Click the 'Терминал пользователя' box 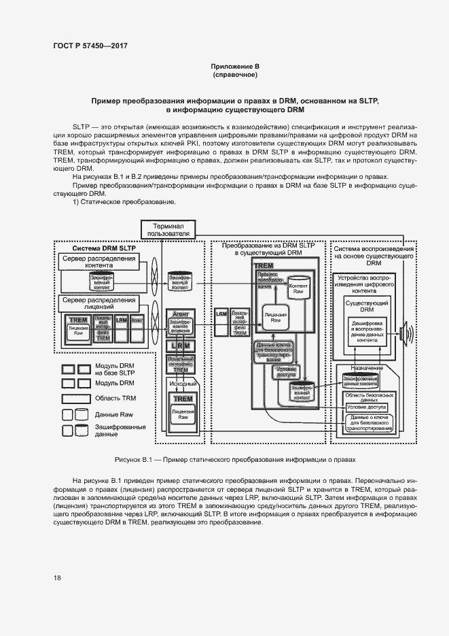[168, 230]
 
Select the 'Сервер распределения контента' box [98, 263]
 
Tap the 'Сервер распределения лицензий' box [98, 302]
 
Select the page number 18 [57, 578]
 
